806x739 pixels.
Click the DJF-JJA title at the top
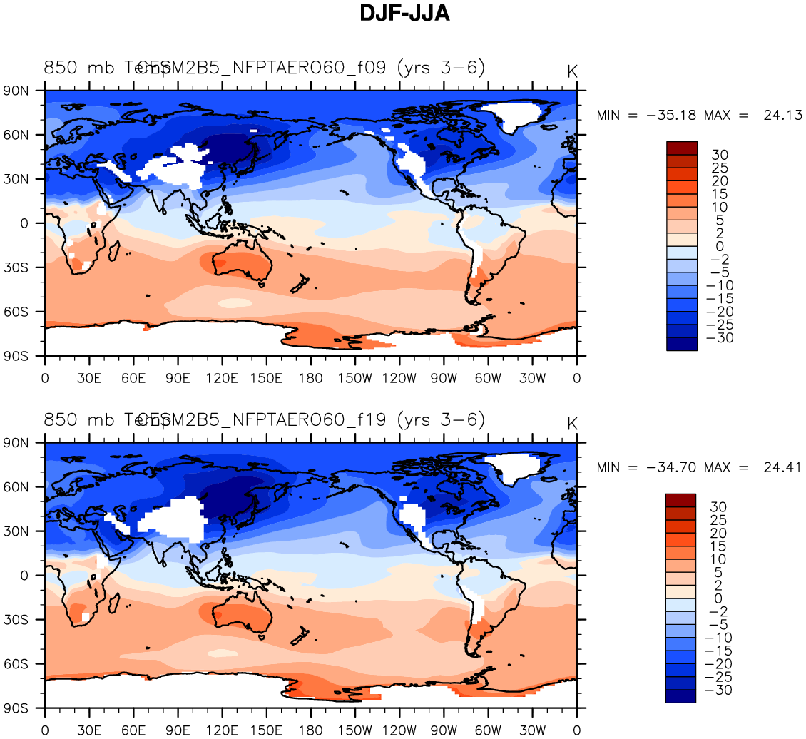[404, 13]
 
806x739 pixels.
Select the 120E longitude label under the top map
[222, 378]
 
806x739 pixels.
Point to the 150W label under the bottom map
[354, 730]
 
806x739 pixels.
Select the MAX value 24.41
[782, 468]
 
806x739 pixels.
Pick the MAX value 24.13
[782, 116]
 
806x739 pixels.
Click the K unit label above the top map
[572, 71]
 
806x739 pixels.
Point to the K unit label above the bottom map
[572, 424]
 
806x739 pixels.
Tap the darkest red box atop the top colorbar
[681, 148]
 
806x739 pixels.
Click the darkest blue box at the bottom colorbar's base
[681, 696]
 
